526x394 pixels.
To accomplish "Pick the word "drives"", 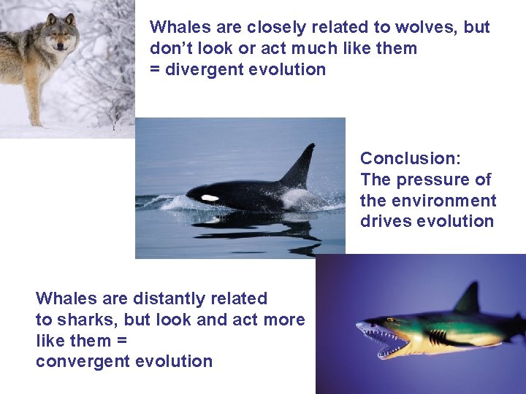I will point(383,222).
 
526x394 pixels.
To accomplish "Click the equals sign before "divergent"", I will point(155,70).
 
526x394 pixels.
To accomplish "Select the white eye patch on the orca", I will point(210,198).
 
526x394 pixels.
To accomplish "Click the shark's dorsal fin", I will point(468,299).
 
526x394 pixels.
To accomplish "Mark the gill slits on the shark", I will point(437,337).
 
